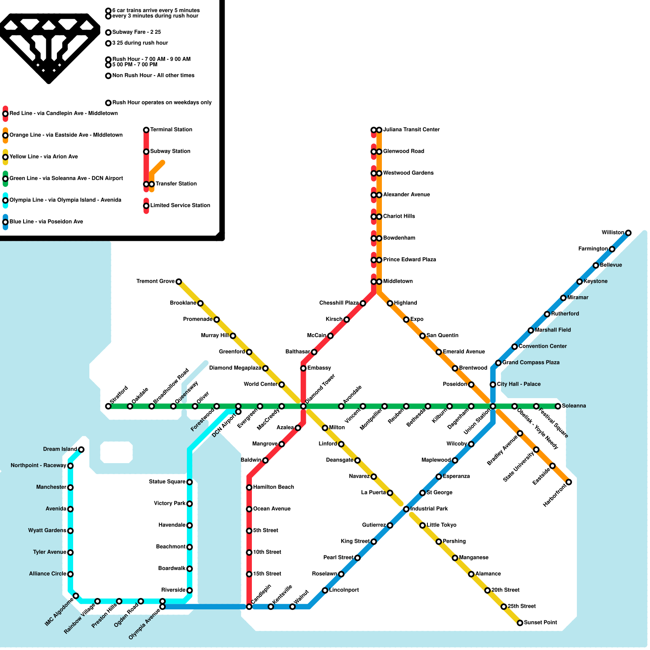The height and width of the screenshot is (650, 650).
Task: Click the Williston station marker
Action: tap(628, 233)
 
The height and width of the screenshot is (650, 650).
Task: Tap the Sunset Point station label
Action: tap(540, 622)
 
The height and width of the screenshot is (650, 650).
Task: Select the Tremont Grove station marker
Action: tap(179, 282)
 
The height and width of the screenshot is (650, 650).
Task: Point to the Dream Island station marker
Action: tap(81, 449)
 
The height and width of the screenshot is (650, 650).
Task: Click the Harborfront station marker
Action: tap(569, 482)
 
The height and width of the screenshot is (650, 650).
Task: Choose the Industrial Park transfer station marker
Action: tap(406, 509)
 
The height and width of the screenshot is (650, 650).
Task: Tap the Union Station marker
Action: tap(493, 406)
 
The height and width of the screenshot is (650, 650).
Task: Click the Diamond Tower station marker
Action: tap(303, 406)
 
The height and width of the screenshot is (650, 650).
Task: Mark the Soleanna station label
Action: tap(574, 406)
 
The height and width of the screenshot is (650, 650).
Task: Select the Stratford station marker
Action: tap(108, 406)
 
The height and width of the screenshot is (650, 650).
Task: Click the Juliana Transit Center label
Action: tap(411, 130)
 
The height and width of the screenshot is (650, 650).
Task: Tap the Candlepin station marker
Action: tap(249, 607)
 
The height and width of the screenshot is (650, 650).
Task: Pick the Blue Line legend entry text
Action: tap(46, 221)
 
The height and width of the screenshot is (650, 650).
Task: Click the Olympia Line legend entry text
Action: tap(65, 200)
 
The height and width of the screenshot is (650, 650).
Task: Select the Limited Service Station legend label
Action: tap(180, 205)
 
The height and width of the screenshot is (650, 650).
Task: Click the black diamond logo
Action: tap(49, 45)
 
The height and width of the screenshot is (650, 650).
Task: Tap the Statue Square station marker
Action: tap(189, 482)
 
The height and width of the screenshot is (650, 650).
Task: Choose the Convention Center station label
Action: tap(542, 346)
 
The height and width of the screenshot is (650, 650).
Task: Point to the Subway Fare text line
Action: tap(136, 32)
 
